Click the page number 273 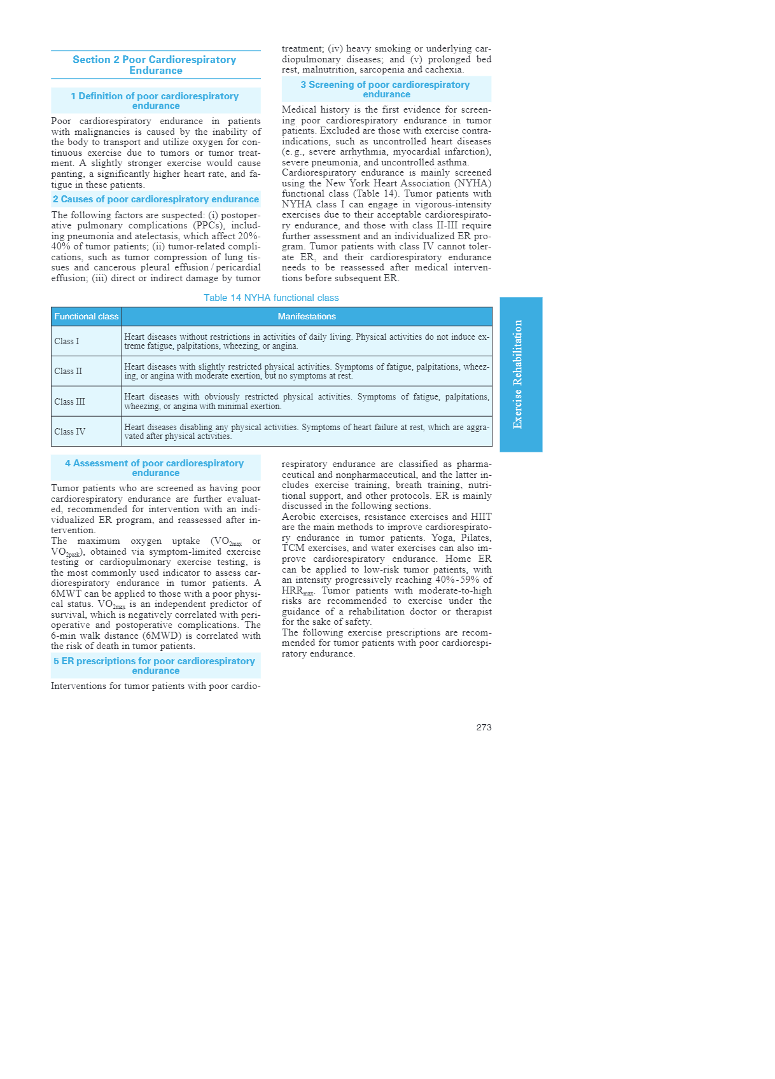(x=484, y=727)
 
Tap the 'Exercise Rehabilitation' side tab (x=520, y=374)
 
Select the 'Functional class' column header (x=86, y=316)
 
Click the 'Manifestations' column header (x=307, y=316)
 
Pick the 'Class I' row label (x=67, y=341)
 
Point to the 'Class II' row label (x=68, y=371)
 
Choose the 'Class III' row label (x=69, y=401)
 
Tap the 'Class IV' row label (x=69, y=431)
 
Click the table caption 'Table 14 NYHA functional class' (x=271, y=298)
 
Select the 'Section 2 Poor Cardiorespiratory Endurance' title (x=155, y=65)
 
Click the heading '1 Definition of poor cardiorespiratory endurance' (x=155, y=101)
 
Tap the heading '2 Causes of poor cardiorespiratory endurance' (x=155, y=199)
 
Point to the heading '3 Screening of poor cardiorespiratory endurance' (x=386, y=89)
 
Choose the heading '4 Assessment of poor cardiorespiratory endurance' (x=155, y=468)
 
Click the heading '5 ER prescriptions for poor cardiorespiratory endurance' (x=155, y=665)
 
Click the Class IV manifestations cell (x=307, y=431)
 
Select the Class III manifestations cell (x=307, y=401)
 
